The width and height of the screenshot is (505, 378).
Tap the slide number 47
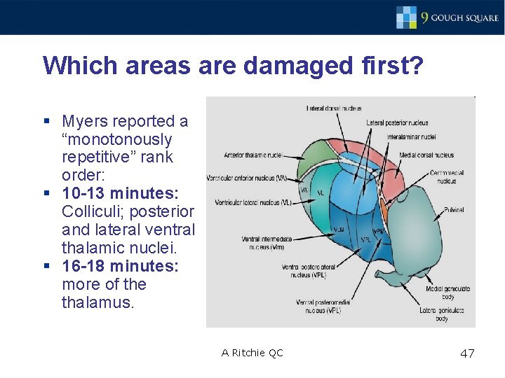tap(467, 353)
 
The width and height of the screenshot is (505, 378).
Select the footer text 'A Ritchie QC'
tap(252, 353)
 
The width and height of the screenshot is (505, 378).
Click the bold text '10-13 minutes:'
tap(120, 192)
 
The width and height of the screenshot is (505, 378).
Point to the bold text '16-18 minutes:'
tap(120, 266)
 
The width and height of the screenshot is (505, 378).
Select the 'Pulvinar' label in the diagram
tap(453, 209)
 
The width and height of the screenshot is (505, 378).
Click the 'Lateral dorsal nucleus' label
tap(334, 108)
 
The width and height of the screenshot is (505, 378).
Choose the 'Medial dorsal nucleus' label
tap(426, 155)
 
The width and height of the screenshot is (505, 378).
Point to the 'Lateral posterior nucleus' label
tap(397, 122)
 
